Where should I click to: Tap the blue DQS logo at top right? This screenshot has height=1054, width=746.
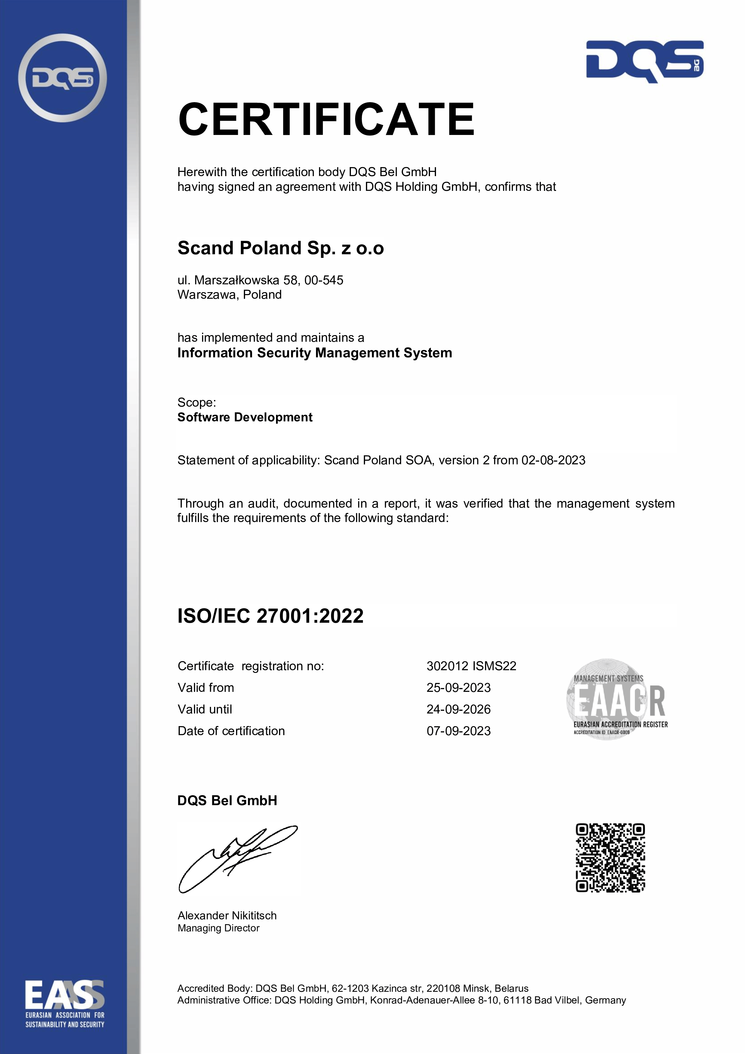(644, 62)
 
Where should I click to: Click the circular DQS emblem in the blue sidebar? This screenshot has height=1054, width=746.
(63, 78)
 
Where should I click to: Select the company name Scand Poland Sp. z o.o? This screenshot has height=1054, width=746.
(281, 248)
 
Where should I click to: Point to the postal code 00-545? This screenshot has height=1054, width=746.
(324, 280)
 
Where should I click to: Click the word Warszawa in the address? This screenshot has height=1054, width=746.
(208, 295)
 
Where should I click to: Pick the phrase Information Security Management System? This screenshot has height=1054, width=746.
(315, 353)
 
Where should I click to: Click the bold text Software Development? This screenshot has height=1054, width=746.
(245, 417)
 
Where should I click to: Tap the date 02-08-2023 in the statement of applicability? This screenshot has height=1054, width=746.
(553, 460)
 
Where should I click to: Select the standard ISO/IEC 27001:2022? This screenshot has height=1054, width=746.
(271, 616)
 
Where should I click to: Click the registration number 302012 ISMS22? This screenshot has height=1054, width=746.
(471, 666)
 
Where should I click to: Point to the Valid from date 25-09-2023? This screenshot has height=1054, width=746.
(459, 688)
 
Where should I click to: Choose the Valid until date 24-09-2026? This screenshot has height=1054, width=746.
(459, 709)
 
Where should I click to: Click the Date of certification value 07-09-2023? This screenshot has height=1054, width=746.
(459, 731)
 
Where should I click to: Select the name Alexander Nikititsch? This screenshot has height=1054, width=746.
(227, 916)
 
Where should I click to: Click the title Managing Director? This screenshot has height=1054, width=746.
(219, 928)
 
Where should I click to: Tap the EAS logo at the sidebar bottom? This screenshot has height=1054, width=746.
(65, 1003)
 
